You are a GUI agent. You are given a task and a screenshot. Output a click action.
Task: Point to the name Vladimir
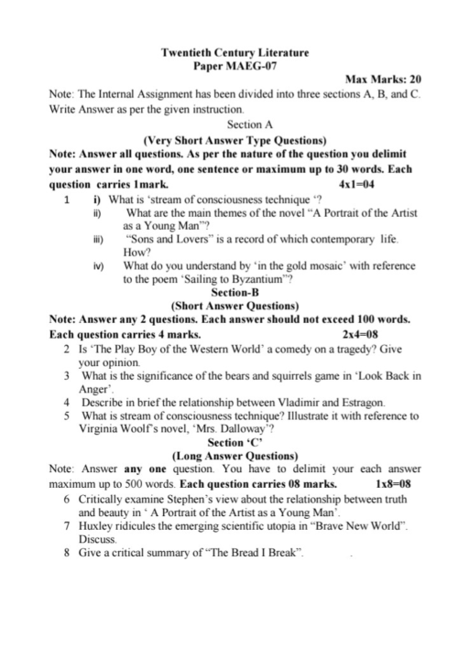pyautogui.click(x=274, y=402)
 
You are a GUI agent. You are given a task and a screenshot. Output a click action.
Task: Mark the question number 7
pyautogui.click(x=69, y=529)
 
